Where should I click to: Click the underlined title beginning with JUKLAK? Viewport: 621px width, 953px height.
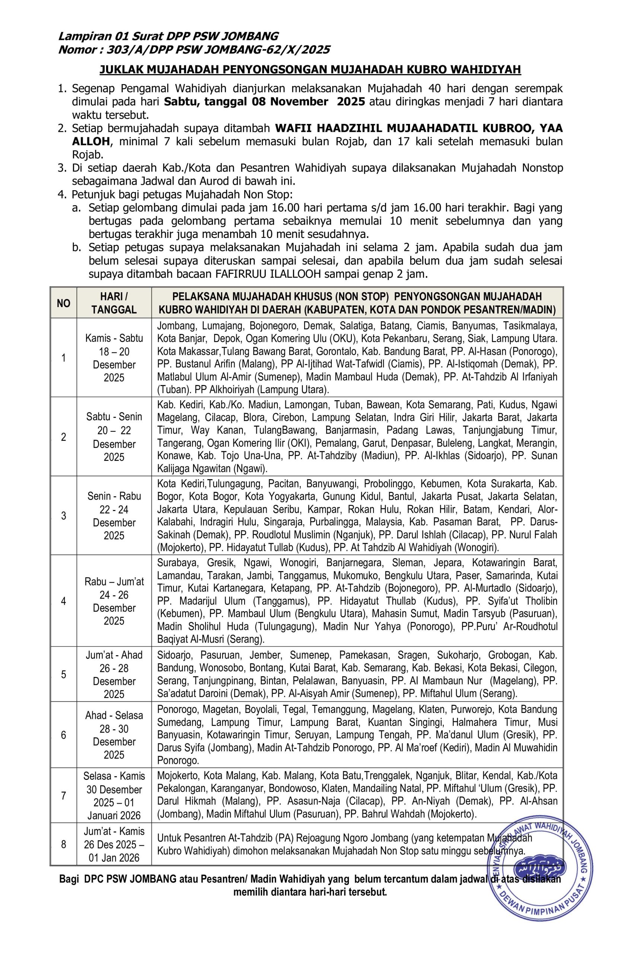(x=310, y=69)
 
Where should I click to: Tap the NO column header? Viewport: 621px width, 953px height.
(x=63, y=303)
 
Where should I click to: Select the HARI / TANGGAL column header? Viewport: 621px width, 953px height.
(x=114, y=303)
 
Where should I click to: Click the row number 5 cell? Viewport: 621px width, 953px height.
(x=63, y=674)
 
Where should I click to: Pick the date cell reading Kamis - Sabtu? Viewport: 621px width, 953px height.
(x=114, y=358)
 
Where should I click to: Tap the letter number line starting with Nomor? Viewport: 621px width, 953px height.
(x=194, y=50)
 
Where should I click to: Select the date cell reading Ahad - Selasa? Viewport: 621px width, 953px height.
(x=114, y=735)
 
